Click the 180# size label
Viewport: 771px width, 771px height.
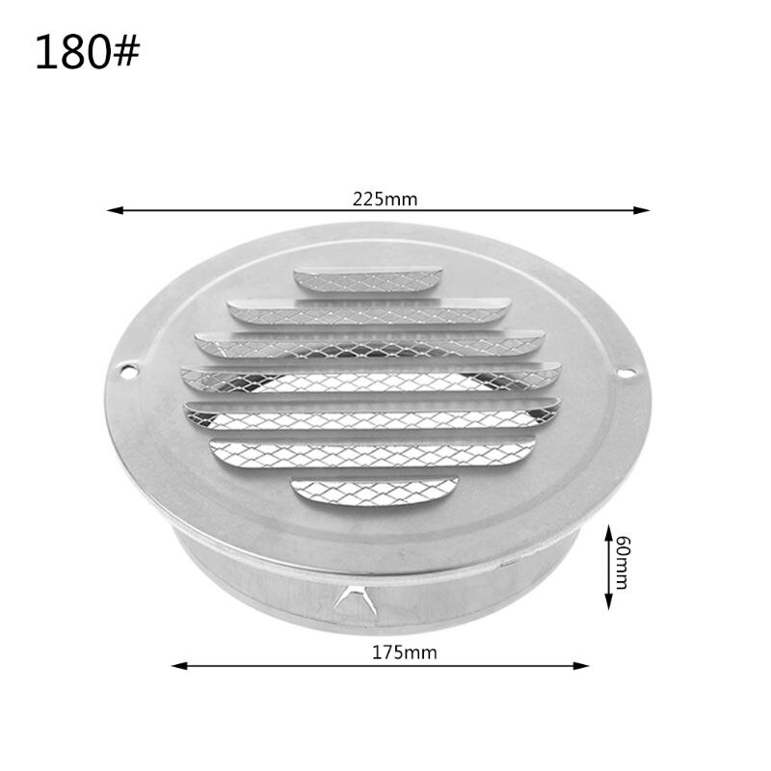pyautogui.click(x=87, y=53)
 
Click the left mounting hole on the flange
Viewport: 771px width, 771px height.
pyautogui.click(x=124, y=367)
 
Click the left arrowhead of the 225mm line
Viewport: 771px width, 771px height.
pyautogui.click(x=112, y=209)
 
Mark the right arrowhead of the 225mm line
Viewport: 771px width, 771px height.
pyautogui.click(x=644, y=209)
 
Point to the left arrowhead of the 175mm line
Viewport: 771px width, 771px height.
pyautogui.click(x=177, y=664)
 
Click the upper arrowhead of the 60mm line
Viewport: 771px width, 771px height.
pyautogui.click(x=608, y=531)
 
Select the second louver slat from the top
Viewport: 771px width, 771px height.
pyautogui.click(x=370, y=311)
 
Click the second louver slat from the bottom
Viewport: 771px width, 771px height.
pyautogui.click(x=372, y=453)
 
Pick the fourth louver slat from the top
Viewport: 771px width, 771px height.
pyautogui.click(x=371, y=377)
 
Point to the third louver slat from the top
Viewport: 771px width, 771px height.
pyautogui.click(x=370, y=343)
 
